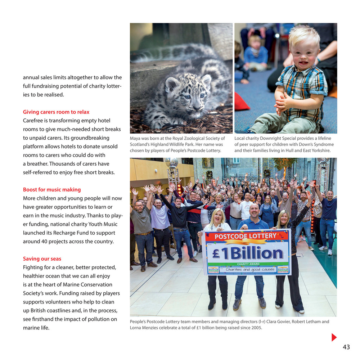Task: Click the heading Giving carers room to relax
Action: [x=56, y=112]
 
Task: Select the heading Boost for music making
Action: [x=52, y=190]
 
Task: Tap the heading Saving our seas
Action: [x=42, y=259]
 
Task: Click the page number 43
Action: [x=346, y=347]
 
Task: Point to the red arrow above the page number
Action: [x=334, y=337]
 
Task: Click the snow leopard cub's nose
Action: [x=196, y=107]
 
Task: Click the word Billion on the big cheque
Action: [x=257, y=254]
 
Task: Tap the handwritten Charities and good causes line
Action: [x=250, y=270]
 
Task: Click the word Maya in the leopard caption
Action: [x=135, y=139]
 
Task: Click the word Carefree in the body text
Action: [x=35, y=121]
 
